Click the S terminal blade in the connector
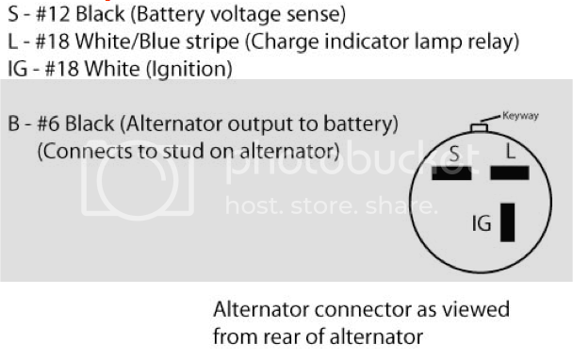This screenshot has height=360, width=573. (451, 172)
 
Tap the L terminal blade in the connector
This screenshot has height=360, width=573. (510, 172)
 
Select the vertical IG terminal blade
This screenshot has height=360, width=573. (507, 222)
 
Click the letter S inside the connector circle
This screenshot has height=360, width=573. (454, 154)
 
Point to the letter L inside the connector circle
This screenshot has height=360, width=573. (511, 151)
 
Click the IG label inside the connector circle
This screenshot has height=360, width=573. (482, 223)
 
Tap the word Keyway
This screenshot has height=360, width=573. (520, 116)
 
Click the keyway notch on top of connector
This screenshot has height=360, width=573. (479, 127)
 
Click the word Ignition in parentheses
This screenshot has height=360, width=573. (188, 69)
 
